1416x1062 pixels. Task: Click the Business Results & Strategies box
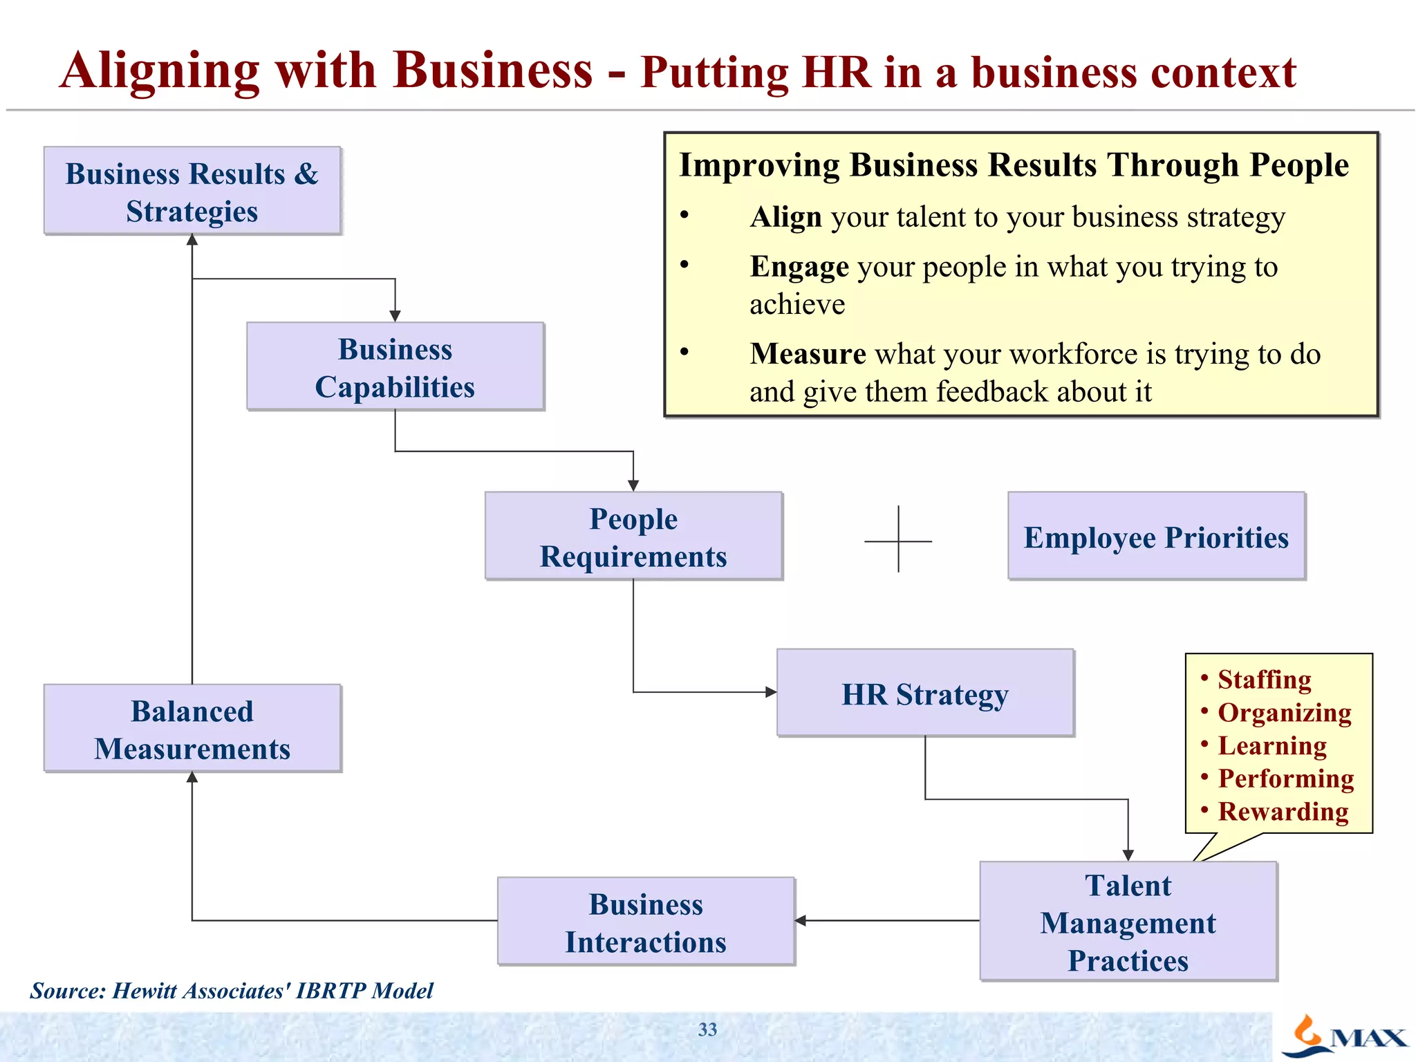[x=192, y=191]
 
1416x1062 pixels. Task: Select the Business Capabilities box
[x=395, y=366]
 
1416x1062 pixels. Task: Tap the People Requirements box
[x=633, y=536]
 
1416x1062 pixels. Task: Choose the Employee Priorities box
[x=1156, y=536]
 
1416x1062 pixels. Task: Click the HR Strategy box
[x=925, y=693]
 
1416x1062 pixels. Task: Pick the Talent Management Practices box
[x=1128, y=921]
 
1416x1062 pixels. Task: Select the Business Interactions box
[x=646, y=922]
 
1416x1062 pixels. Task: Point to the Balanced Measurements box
[x=192, y=729]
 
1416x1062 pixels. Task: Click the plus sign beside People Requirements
[x=898, y=540]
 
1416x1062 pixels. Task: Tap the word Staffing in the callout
[x=1264, y=680]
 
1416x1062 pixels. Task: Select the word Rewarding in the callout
[x=1283, y=812]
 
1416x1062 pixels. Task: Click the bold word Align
[x=785, y=217]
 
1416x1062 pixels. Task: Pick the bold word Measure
[x=808, y=354]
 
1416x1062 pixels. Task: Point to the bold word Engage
[x=799, y=267]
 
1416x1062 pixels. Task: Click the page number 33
[x=707, y=1030]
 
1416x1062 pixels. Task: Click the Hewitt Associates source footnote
[x=232, y=991]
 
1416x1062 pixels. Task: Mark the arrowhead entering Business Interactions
[x=801, y=920]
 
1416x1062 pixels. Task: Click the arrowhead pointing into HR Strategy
[x=771, y=692]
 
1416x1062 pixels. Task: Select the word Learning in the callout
[x=1271, y=746]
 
